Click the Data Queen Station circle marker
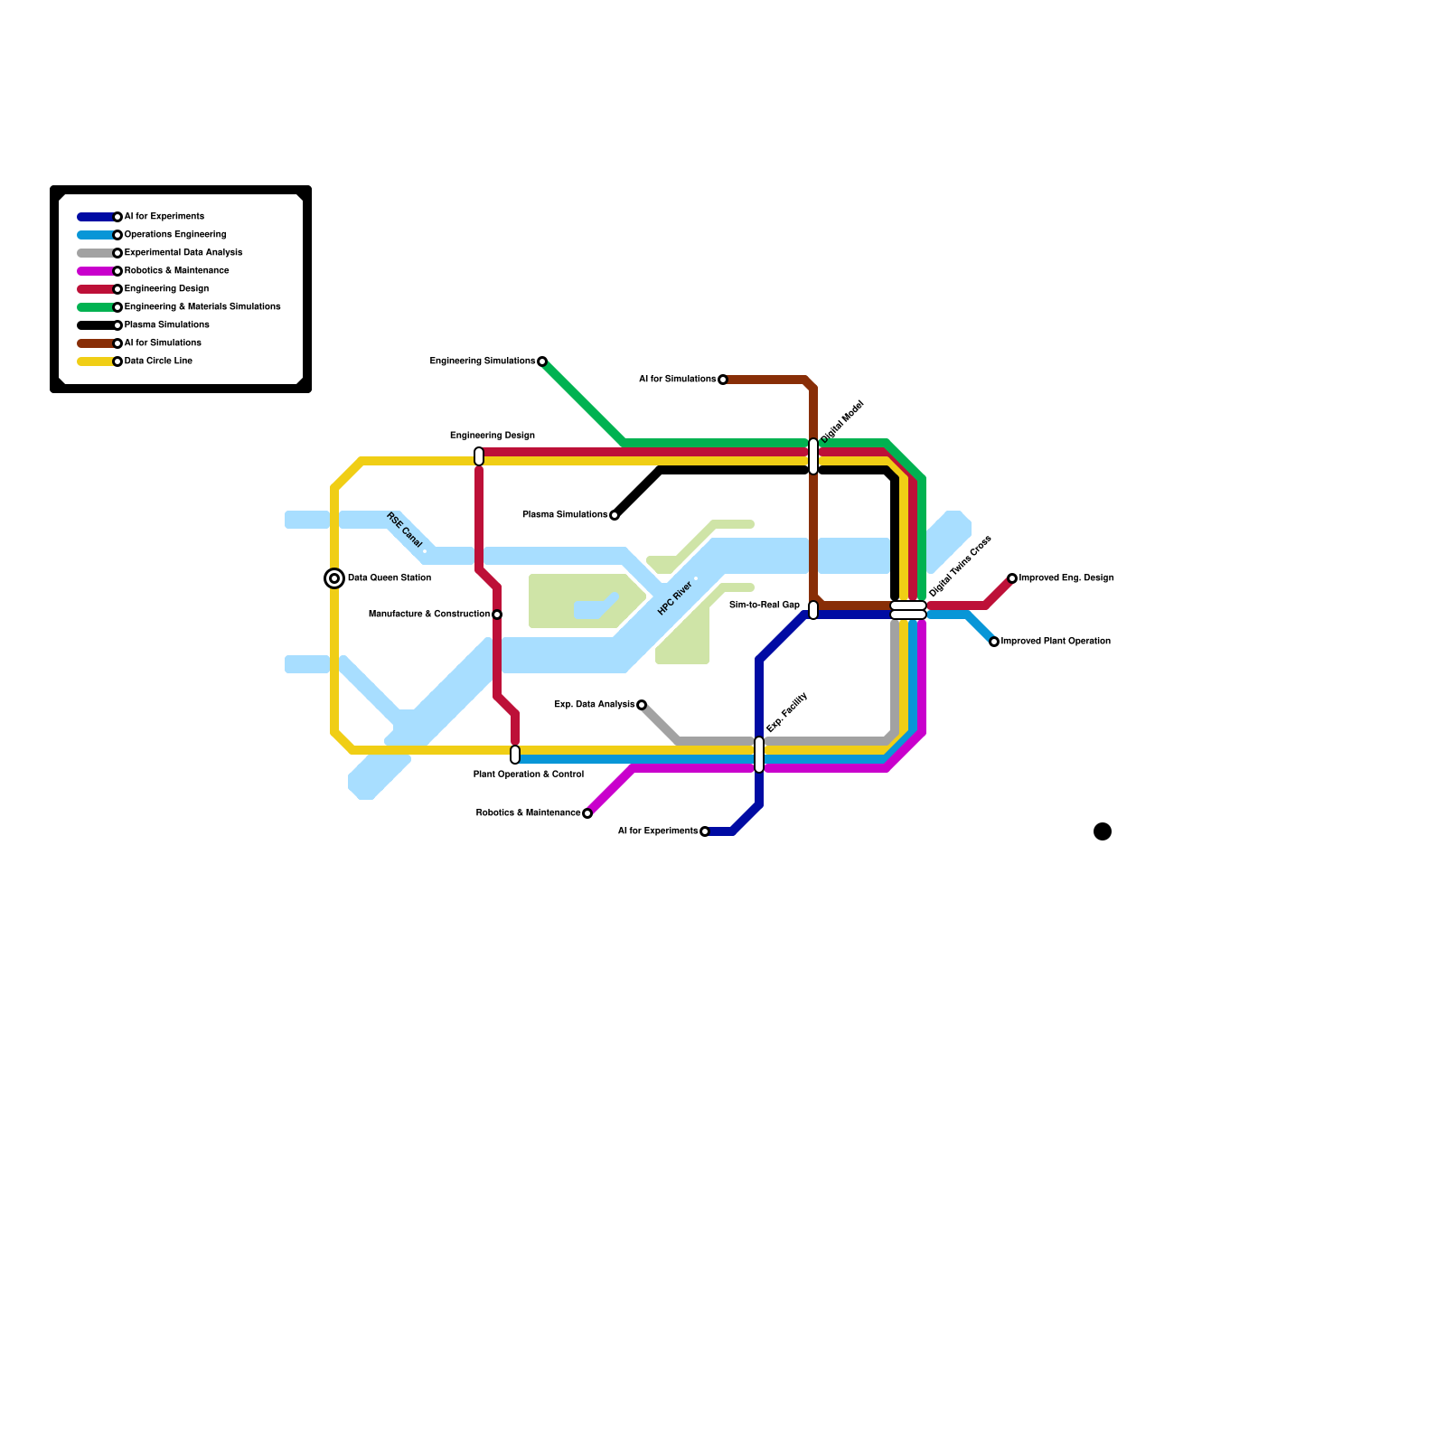(x=334, y=578)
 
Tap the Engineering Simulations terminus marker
(x=542, y=361)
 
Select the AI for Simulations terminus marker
(x=723, y=380)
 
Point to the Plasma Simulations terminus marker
(x=615, y=515)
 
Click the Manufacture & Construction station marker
(x=497, y=615)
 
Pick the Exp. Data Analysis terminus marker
(x=642, y=705)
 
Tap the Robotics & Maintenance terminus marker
(x=587, y=813)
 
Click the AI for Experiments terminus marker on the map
(x=705, y=831)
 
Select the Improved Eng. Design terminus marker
(x=1012, y=578)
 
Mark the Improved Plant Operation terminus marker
(x=994, y=642)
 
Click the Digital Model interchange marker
(x=813, y=456)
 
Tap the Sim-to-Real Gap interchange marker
(x=813, y=610)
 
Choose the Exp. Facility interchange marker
(x=759, y=755)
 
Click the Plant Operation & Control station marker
(x=515, y=755)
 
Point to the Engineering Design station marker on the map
(x=479, y=456)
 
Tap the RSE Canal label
(x=404, y=531)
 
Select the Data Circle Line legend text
(x=158, y=361)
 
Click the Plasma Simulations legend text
(x=166, y=325)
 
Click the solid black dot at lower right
(x=1103, y=831)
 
